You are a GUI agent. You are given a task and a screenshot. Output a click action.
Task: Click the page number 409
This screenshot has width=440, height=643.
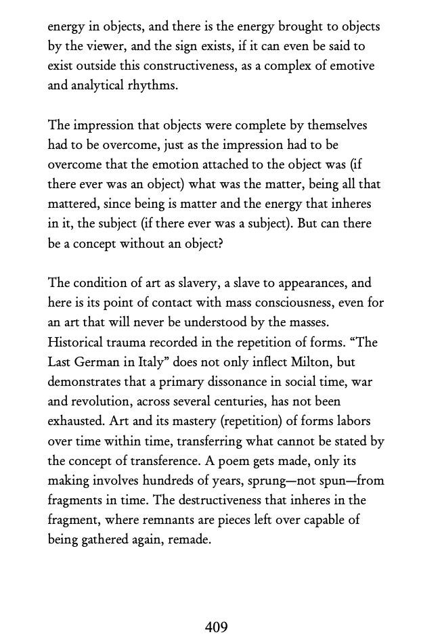[x=216, y=627]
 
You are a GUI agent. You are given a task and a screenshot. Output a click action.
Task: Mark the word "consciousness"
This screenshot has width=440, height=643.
[x=290, y=303]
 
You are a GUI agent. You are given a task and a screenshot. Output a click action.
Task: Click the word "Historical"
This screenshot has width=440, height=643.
[x=77, y=342]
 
